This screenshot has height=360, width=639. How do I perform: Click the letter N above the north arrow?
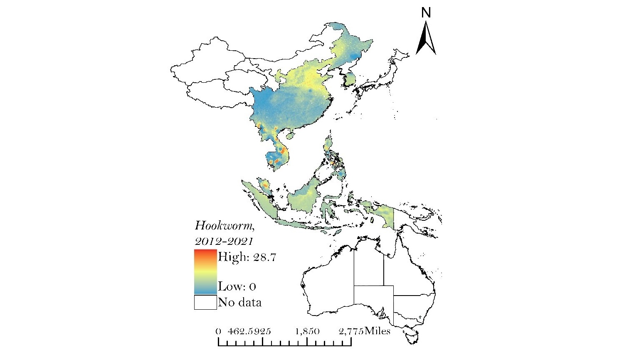click(x=426, y=13)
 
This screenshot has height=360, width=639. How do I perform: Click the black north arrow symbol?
click(x=426, y=39)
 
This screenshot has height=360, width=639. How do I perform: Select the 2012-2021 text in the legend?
click(x=224, y=241)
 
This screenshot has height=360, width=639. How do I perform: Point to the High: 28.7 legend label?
click(x=247, y=257)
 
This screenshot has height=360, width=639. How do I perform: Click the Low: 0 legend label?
click(x=237, y=286)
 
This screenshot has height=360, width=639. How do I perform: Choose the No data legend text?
click(x=240, y=302)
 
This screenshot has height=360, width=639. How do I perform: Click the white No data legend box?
click(x=205, y=302)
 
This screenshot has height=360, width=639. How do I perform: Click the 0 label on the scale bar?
click(x=218, y=331)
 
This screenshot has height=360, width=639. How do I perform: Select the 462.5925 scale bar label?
click(x=249, y=331)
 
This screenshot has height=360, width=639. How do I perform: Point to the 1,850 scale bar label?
click(x=308, y=331)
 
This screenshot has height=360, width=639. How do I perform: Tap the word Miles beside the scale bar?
click(x=377, y=331)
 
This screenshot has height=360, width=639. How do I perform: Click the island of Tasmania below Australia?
click(x=412, y=335)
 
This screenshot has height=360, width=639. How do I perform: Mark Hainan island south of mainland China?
click(x=291, y=135)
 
